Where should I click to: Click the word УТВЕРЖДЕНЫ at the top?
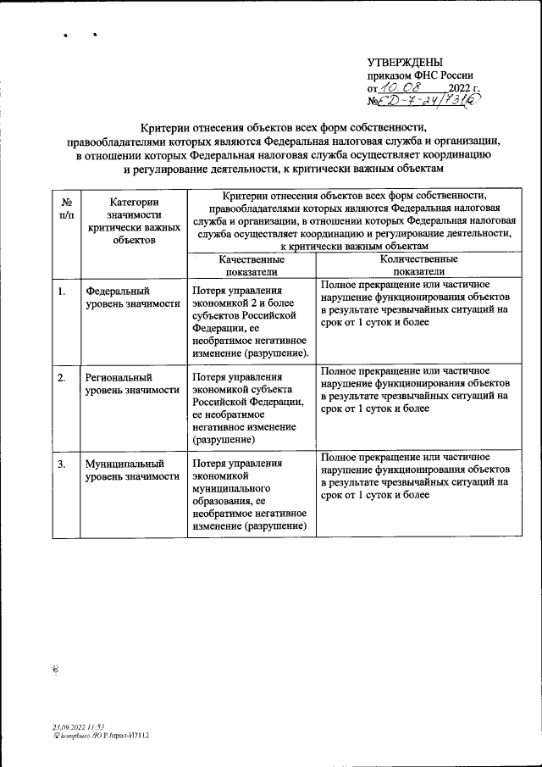pos(405,62)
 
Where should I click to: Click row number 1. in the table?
pos(62,292)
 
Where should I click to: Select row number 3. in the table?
pos(62,464)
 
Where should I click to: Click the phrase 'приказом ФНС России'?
pos(420,75)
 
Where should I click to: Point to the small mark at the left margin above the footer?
pos(55,669)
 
